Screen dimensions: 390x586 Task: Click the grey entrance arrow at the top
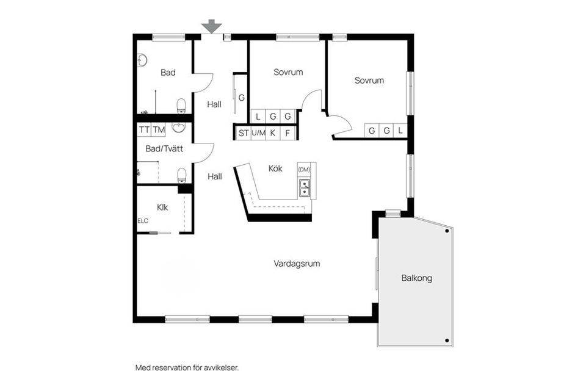pyautogui.click(x=212, y=26)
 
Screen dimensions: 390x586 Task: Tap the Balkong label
pyautogui.click(x=416, y=278)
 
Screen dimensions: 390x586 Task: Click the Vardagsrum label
pyautogui.click(x=297, y=264)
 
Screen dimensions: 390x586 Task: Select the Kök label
pyautogui.click(x=275, y=168)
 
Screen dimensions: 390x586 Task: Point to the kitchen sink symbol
pyautogui.click(x=304, y=189)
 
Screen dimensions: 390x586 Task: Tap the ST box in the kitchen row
pyautogui.click(x=243, y=132)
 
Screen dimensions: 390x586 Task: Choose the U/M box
pyautogui.click(x=258, y=132)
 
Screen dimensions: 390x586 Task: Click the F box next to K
pyautogui.click(x=288, y=132)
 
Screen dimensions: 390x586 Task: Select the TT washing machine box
pyautogui.click(x=144, y=129)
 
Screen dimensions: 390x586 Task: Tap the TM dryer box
pyautogui.click(x=159, y=129)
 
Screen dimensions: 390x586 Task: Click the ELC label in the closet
pyautogui.click(x=143, y=221)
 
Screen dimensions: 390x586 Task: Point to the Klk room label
pyautogui.click(x=162, y=207)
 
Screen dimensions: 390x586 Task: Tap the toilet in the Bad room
pyautogui.click(x=181, y=107)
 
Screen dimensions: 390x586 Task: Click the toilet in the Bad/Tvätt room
pyautogui.click(x=181, y=176)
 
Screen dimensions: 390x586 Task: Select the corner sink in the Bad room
pyautogui.click(x=142, y=60)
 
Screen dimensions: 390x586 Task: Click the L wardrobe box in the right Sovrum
pyautogui.click(x=400, y=131)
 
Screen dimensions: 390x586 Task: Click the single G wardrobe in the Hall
pyautogui.click(x=241, y=97)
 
